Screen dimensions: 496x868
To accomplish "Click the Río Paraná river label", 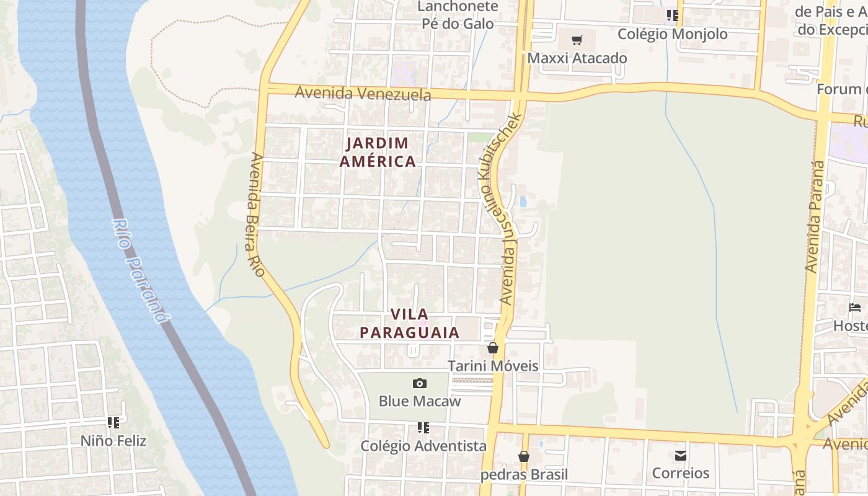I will [141, 270].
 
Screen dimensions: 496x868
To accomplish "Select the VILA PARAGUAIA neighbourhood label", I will [409, 323].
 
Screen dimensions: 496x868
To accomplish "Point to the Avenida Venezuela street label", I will [363, 94].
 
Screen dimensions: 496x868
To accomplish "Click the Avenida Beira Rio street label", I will [254, 215].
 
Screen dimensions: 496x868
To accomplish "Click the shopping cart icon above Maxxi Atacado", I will [577, 41].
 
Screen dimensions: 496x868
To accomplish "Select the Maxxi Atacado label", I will [577, 58].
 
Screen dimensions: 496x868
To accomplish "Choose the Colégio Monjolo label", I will [673, 34].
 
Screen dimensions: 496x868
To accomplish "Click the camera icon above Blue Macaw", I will [420, 383].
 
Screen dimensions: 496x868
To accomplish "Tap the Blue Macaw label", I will [420, 401].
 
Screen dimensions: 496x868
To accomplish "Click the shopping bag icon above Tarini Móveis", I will [493, 348].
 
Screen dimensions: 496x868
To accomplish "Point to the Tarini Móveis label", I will [493, 366].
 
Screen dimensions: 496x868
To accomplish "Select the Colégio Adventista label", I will [423, 446].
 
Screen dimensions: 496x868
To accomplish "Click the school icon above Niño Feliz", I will [113, 423].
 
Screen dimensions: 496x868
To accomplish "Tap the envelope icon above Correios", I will [681, 456].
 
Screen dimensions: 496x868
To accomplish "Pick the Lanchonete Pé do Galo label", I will [458, 15].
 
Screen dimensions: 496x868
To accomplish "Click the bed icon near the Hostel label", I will [855, 307].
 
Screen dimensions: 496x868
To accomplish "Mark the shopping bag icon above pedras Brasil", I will [524, 457].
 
